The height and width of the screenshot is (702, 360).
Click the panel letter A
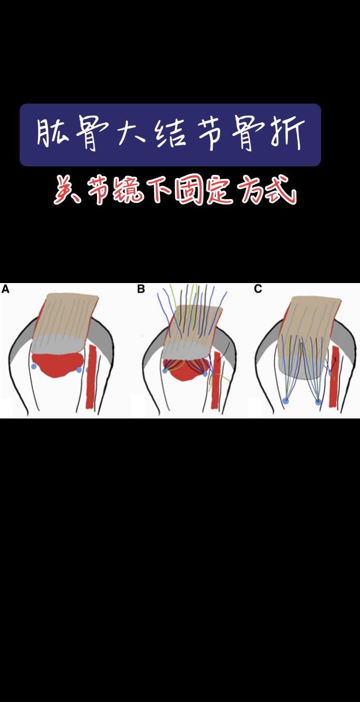point(6,289)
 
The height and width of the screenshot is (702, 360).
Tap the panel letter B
point(141,289)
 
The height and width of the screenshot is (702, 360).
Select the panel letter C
point(258,289)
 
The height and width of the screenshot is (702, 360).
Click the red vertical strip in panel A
point(91,377)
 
